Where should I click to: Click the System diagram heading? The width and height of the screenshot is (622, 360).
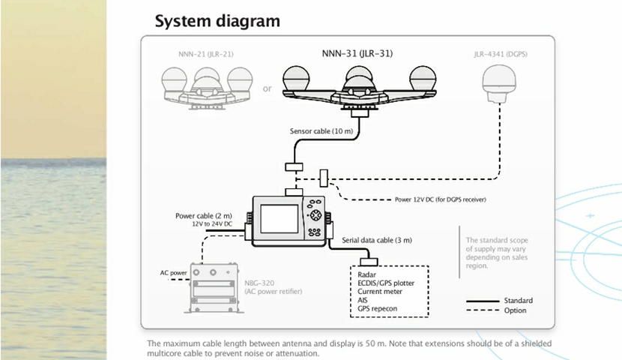pos(217,21)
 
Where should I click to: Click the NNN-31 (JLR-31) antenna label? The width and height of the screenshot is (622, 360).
pos(352,54)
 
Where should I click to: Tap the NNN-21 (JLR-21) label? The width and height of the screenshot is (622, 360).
pos(203,54)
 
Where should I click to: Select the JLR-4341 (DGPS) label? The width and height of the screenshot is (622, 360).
pos(501,54)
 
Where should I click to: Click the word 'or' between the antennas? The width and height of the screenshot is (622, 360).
pos(268,88)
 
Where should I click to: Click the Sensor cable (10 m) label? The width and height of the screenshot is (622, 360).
pos(321,131)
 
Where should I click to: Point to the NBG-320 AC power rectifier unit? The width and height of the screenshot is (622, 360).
pos(214,289)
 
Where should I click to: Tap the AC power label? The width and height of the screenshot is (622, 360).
pos(174,272)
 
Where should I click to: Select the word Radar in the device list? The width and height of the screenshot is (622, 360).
pos(367,275)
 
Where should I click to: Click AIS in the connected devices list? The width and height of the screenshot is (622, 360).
pos(363,300)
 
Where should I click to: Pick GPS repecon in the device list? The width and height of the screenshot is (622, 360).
pos(378,308)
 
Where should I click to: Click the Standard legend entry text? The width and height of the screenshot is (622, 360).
pos(519,301)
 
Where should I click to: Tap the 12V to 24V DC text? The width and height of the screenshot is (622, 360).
pos(213,224)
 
